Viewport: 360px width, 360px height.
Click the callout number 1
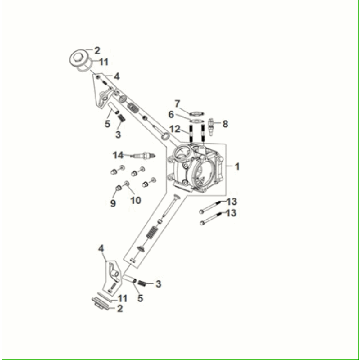coord(237,165)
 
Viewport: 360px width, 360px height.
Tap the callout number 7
coord(176,103)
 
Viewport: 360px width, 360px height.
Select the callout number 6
coord(170,115)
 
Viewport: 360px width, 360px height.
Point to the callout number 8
coord(224,124)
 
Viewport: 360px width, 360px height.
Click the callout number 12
coord(174,130)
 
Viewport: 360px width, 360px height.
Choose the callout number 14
coord(118,155)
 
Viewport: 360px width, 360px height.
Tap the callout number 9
coord(112,203)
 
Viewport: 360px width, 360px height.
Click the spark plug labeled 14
coord(143,156)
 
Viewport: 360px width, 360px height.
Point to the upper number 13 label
coord(230,200)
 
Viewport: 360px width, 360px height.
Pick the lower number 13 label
coord(230,213)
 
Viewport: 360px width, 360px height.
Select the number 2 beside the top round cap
coord(97,50)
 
